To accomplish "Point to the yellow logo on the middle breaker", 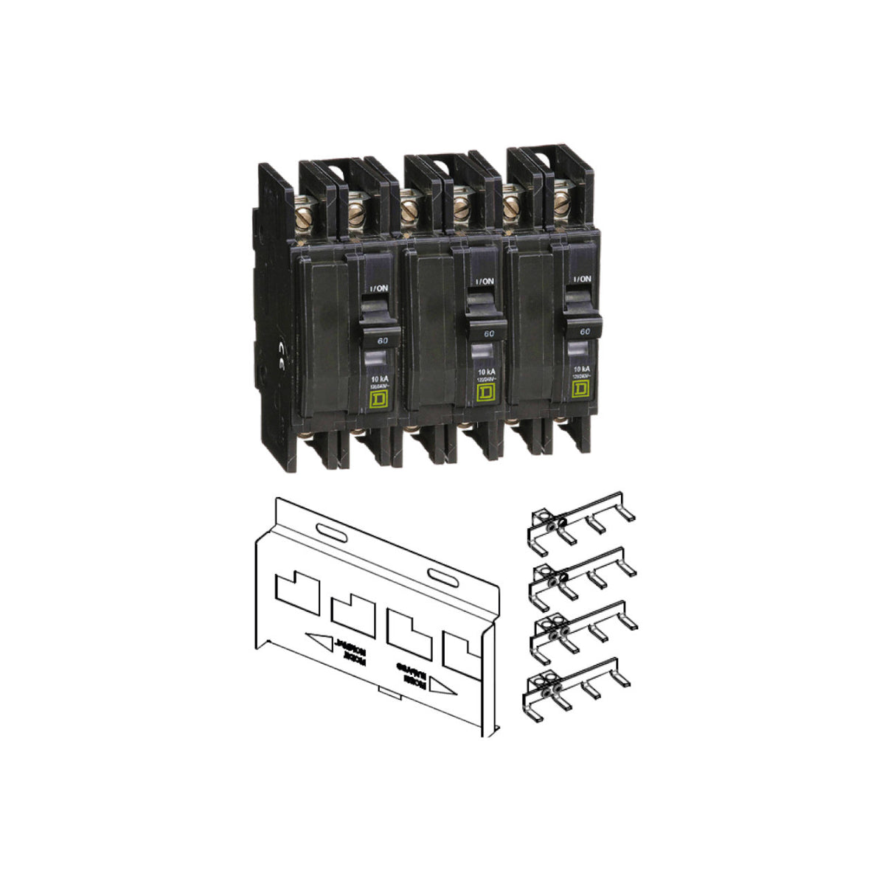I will click(485, 391).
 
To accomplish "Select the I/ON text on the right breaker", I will click(582, 280).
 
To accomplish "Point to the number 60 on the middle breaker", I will click(487, 333).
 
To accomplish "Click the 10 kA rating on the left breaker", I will click(378, 378).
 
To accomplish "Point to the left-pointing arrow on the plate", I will click(318, 639).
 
